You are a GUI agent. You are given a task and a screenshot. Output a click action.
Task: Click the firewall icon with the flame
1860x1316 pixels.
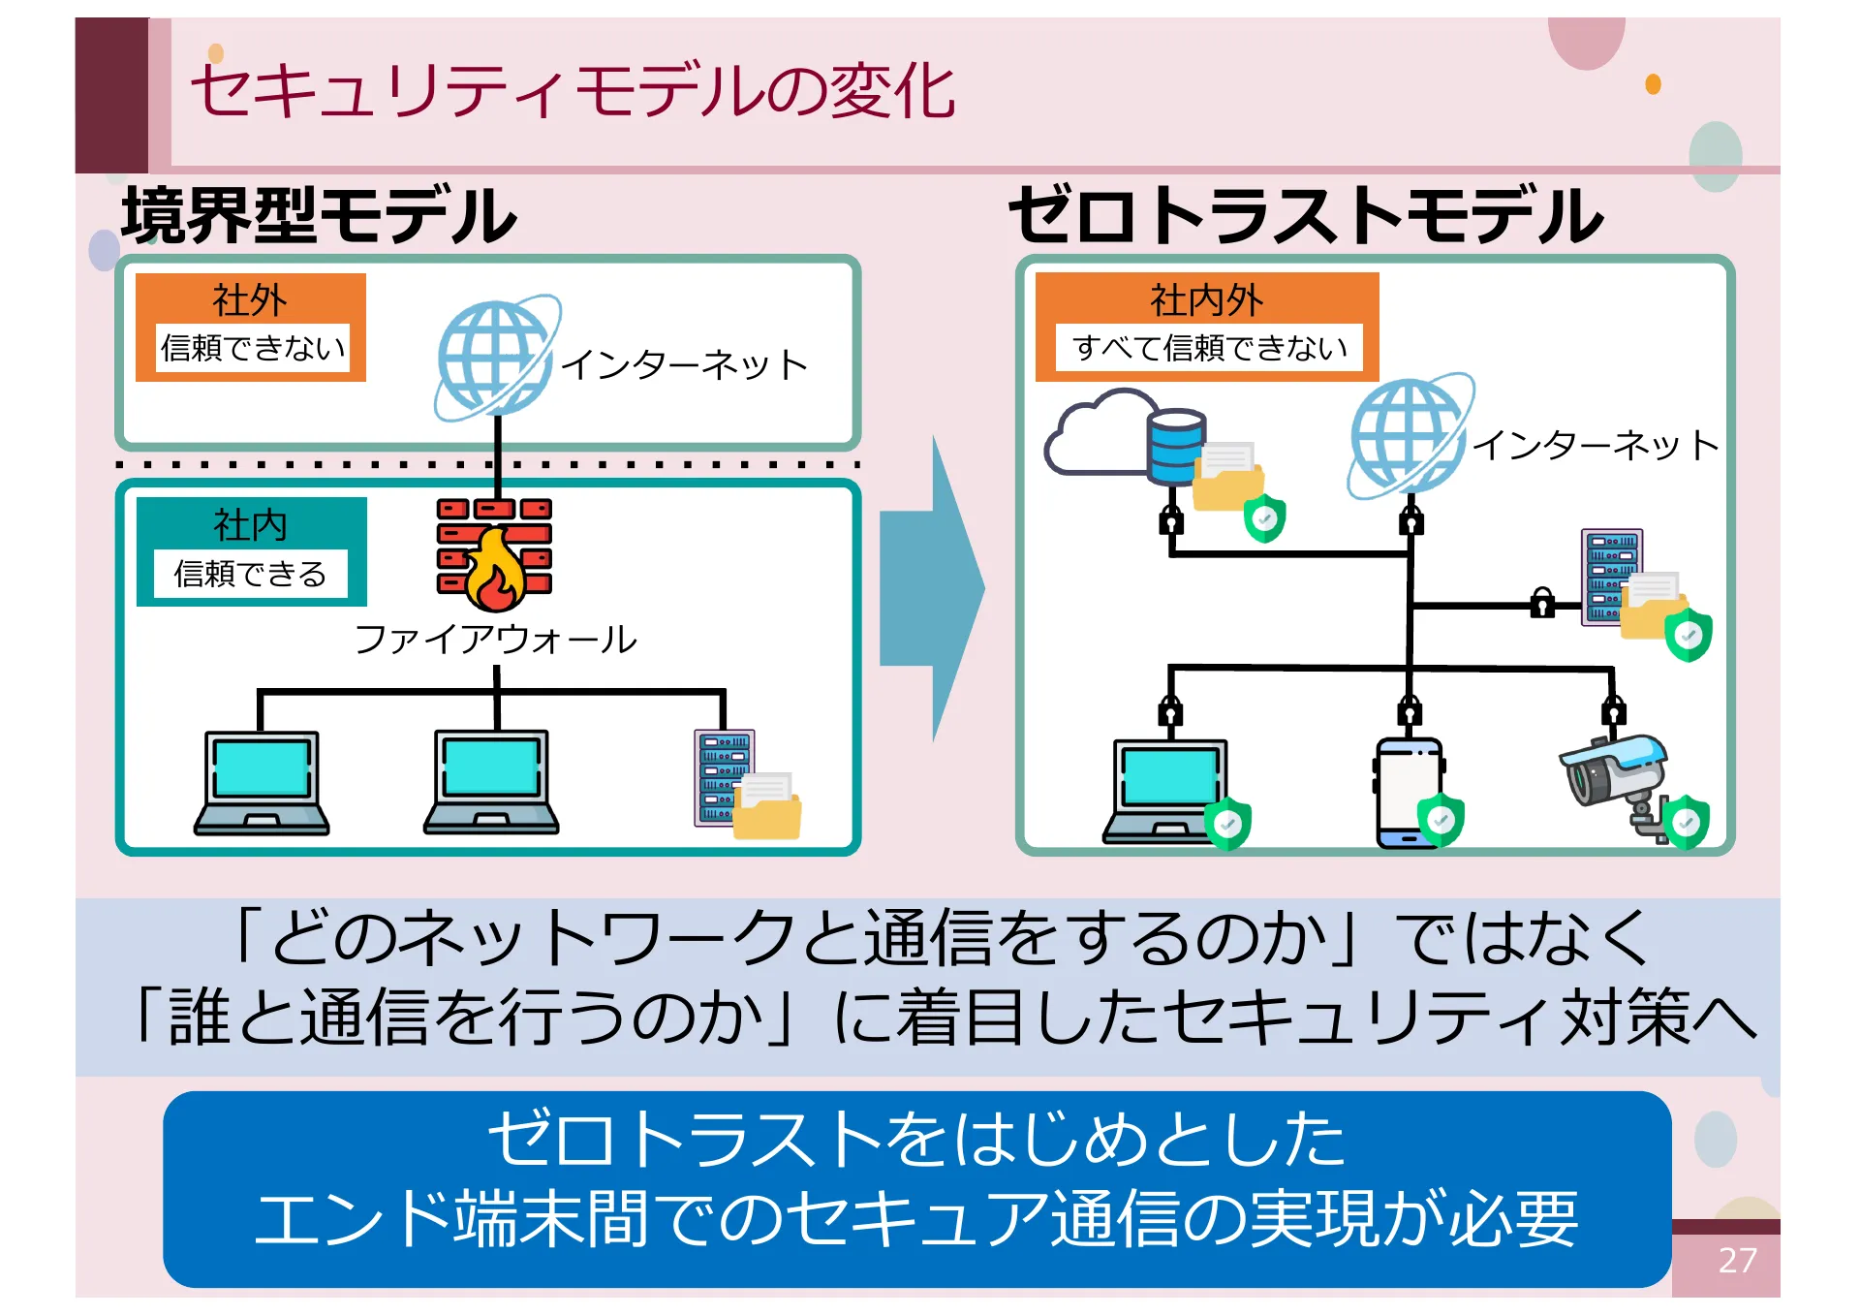494,555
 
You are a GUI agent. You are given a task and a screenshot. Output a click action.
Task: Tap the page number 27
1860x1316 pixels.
1736,1260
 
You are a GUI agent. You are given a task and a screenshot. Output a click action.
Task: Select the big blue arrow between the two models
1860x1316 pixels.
930,588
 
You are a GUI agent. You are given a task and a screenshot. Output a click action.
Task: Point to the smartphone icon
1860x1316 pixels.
1408,792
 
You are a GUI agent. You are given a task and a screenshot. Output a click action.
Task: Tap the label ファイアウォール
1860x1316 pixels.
495,640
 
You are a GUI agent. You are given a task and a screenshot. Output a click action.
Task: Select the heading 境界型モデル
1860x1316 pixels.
320,215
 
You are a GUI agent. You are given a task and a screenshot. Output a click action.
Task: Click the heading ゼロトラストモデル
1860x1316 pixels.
1305,215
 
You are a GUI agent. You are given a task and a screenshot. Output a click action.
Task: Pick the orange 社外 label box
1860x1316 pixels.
251,327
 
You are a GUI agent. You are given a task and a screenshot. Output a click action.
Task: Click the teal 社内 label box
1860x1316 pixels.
251,550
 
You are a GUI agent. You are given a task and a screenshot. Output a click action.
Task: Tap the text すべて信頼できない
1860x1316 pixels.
1209,348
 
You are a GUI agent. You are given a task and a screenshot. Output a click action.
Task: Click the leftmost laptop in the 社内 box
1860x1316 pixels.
262,783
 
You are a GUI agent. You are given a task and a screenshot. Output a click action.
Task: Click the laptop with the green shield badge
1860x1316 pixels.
1169,790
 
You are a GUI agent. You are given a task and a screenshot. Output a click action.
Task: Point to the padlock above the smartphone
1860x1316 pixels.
1410,712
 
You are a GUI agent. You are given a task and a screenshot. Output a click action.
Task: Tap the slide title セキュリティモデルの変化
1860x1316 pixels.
572,92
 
